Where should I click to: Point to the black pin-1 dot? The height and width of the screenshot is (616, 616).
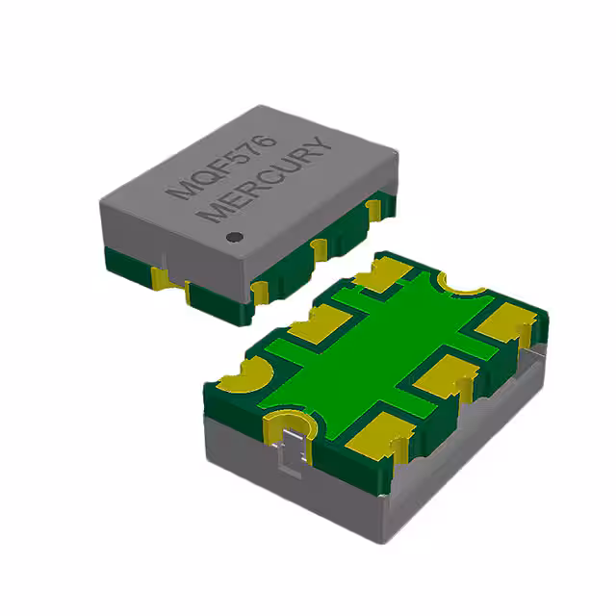point(232,236)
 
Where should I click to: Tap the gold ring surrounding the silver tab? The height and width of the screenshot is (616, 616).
point(288,423)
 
